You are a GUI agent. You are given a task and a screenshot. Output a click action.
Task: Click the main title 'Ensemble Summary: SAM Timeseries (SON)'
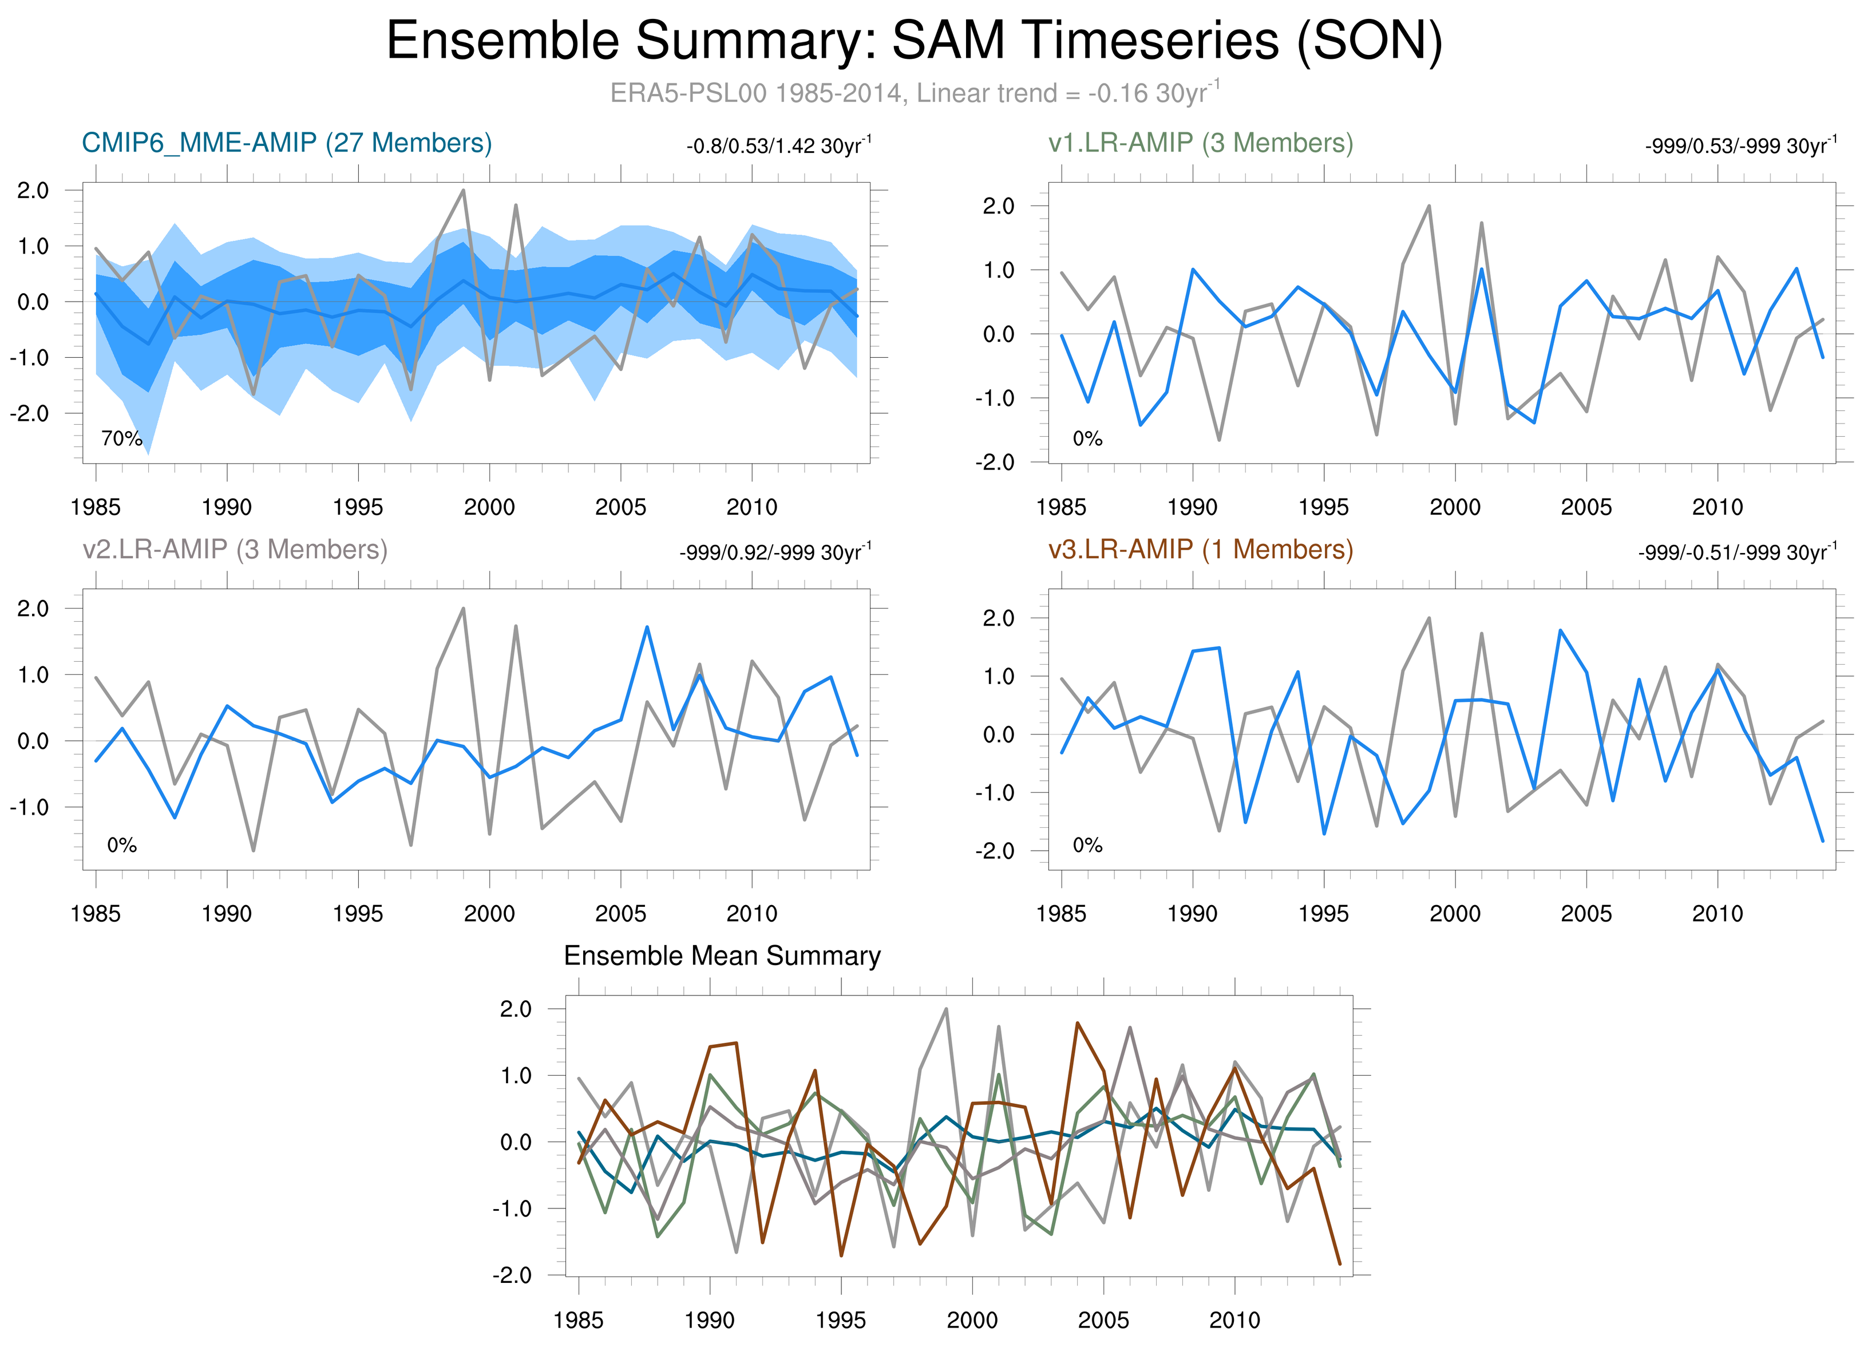[914, 41]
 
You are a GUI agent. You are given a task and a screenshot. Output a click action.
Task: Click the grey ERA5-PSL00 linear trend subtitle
[914, 93]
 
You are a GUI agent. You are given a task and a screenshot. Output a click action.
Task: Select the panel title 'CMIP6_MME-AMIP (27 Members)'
[287, 143]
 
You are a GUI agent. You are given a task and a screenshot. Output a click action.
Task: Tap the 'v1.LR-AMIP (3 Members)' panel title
[1200, 143]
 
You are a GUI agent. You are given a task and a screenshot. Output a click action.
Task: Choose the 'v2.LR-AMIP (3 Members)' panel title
[235, 549]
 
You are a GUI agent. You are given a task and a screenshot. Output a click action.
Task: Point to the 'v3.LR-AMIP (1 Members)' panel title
[1200, 549]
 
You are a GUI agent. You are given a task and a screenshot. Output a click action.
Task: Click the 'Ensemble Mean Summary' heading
[722, 956]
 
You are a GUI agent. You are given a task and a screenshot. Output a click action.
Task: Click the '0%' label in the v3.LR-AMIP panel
[1086, 846]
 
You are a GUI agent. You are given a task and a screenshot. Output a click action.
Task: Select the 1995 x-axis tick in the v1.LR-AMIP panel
[1323, 507]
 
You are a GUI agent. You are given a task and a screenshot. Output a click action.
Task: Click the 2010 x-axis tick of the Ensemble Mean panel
[1234, 1321]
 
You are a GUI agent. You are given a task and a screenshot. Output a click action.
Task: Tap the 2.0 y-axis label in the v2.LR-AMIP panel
[33, 609]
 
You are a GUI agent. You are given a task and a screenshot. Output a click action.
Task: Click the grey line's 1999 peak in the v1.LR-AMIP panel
[1429, 206]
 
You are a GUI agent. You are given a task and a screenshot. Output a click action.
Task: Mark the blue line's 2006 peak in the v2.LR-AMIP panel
[647, 627]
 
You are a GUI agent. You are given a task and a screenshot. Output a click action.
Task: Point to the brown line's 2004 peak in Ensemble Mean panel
[1077, 1023]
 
